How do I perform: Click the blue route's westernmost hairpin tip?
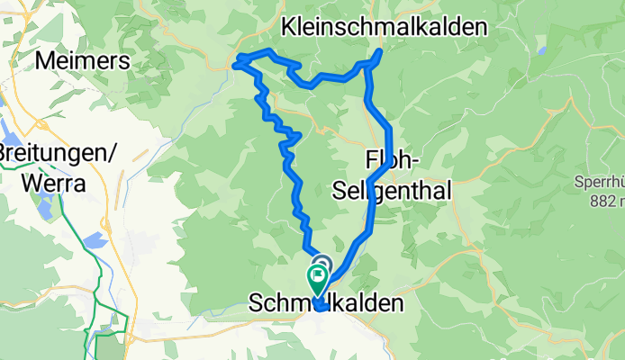[238, 63]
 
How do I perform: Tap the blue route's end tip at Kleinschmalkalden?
[379, 51]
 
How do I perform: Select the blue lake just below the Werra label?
[42, 210]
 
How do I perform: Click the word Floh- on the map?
[391, 161]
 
